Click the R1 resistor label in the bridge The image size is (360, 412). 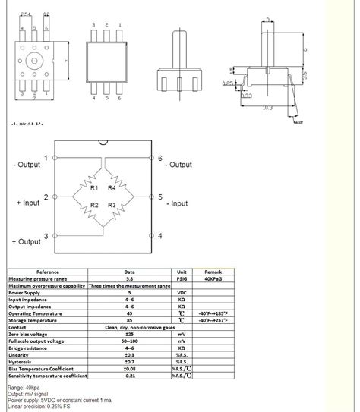(x=93, y=187)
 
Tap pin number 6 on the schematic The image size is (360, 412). (x=160, y=159)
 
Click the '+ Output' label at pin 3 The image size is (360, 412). (x=27, y=241)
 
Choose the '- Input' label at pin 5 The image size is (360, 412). (x=176, y=203)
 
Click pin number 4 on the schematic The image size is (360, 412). (x=160, y=236)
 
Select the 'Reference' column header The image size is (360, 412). (x=47, y=272)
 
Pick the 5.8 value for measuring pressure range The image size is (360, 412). (x=130, y=278)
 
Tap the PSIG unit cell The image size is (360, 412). (x=182, y=278)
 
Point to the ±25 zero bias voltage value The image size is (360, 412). (x=130, y=334)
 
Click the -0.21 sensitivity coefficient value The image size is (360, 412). (x=130, y=376)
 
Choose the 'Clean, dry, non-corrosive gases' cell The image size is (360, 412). (x=130, y=327)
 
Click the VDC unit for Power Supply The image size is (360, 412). (x=182, y=292)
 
